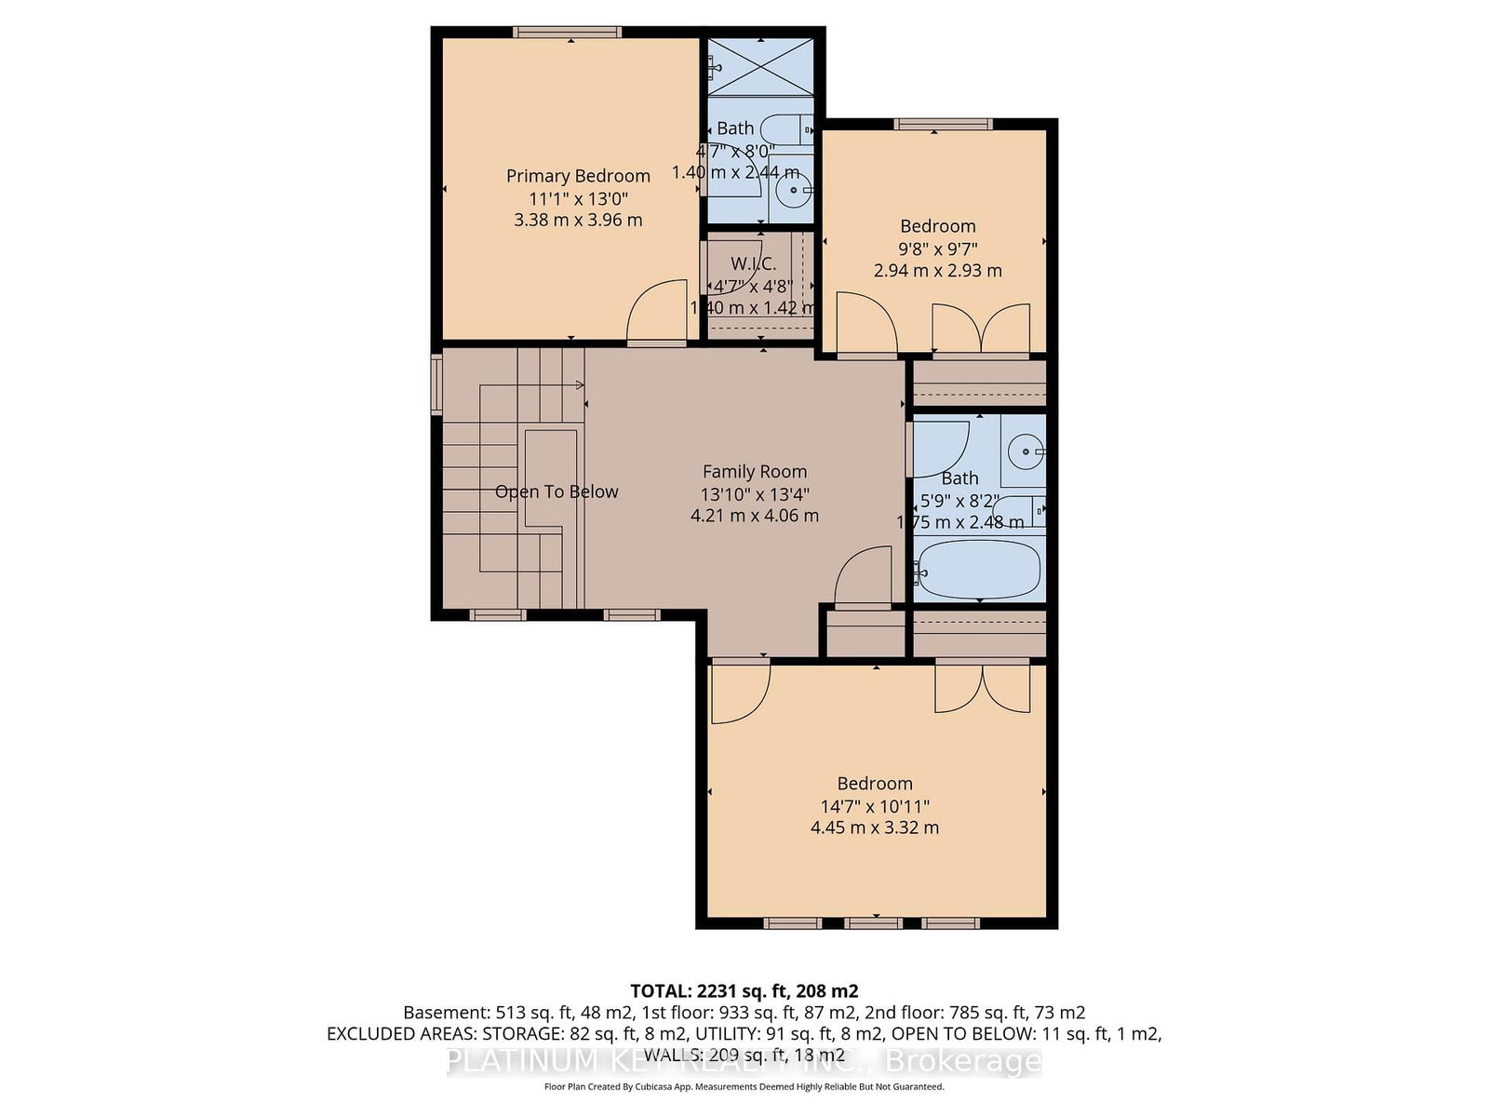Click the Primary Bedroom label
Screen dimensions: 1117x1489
click(x=578, y=176)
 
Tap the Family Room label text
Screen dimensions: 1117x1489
click(x=754, y=472)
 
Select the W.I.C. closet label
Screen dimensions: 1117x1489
click(x=753, y=264)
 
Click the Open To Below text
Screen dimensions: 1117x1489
click(x=557, y=491)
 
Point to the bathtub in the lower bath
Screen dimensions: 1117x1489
click(x=977, y=569)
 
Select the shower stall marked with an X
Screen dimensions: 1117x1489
click(x=760, y=66)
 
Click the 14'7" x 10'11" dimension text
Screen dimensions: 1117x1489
click(x=875, y=806)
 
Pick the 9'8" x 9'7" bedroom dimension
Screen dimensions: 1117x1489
click(x=937, y=249)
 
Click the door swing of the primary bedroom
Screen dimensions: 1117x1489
click(x=656, y=314)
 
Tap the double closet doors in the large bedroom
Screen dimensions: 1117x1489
click(x=983, y=689)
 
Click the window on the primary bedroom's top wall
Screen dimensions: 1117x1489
click(x=568, y=32)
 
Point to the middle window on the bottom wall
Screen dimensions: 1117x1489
click(x=874, y=923)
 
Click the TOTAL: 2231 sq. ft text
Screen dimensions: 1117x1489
click(x=744, y=990)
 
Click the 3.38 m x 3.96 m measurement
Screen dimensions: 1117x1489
click(x=578, y=221)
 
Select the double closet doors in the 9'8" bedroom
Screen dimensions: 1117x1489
click(x=982, y=330)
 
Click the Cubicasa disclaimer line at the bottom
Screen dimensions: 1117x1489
click(x=744, y=1086)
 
